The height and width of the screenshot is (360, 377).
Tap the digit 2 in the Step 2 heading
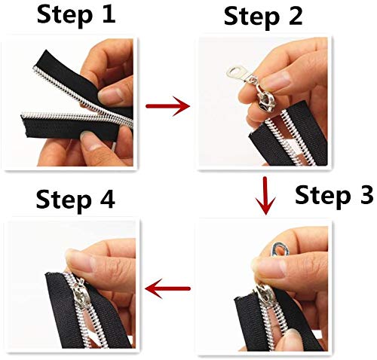coord(295,16)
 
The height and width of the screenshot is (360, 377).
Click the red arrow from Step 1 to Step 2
coord(167,105)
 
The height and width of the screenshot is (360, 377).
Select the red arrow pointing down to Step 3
coord(265,196)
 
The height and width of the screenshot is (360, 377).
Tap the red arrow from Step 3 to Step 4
coord(167,288)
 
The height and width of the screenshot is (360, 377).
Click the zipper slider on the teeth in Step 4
coord(80,294)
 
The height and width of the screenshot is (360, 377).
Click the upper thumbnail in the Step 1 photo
coord(111,95)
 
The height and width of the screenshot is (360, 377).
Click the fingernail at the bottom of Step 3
coord(293,337)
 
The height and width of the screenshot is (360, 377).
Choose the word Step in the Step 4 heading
coord(63,201)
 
